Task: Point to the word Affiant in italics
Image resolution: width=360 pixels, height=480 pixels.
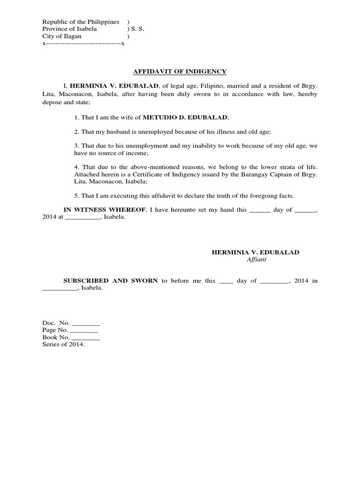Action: tap(256, 260)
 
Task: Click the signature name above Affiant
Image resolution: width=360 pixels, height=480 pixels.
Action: tap(255, 252)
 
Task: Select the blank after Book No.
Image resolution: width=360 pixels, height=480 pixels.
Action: tap(86, 337)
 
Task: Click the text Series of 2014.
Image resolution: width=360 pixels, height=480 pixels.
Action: tap(64, 345)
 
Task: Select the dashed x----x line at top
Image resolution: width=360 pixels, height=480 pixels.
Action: tap(83, 43)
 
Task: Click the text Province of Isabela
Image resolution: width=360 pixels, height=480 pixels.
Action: tap(69, 29)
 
